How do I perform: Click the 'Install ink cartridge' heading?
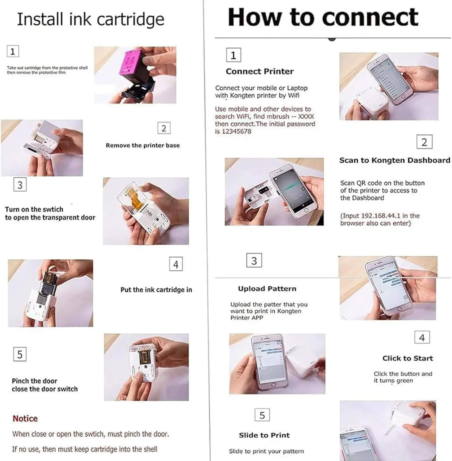91,19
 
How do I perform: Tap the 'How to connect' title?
323,17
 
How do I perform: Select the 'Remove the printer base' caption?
143,145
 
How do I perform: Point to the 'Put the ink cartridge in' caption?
156,290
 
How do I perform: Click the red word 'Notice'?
25,419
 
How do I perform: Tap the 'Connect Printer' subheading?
260,71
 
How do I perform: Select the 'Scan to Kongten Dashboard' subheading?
395,160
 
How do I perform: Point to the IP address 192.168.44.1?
381,216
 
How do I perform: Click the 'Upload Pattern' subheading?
267,289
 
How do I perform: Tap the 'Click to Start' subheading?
408,358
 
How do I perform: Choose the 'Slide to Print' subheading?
264,435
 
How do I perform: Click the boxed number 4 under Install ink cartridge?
176,264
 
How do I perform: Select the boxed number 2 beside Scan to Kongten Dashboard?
424,142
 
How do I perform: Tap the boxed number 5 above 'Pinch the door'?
20,354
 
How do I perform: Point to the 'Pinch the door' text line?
34,381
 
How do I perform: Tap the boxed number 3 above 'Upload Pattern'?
254,260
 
